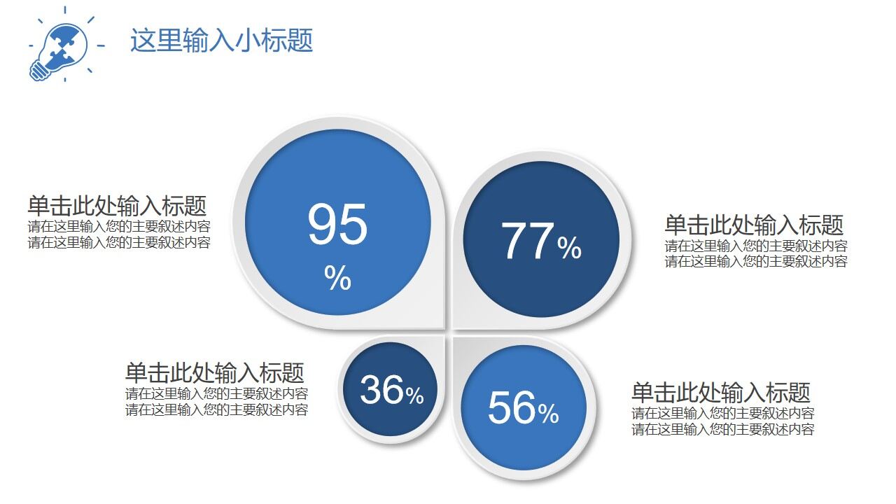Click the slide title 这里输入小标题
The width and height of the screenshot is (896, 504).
pos(221,41)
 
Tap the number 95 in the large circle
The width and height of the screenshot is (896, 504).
pos(337,225)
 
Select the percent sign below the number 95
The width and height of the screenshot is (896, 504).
pos(337,279)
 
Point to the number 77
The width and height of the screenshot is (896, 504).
pos(528,242)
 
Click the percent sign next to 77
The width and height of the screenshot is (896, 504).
pos(570,248)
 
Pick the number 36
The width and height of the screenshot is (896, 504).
pos(382,390)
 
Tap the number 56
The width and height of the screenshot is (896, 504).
pos(512,407)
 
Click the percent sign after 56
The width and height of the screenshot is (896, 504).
pos(548,414)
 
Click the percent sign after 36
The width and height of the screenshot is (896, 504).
pos(414,395)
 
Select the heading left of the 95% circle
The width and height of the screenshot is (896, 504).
pos(117,206)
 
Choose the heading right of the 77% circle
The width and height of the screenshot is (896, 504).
pos(754,225)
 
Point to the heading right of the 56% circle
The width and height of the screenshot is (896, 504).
pos(720,392)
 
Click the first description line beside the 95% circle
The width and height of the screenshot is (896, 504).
pos(119,227)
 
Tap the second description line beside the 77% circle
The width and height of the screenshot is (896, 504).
pos(756,262)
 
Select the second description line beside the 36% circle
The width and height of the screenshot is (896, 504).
pos(216,410)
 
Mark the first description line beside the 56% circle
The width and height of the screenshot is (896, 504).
pos(723,413)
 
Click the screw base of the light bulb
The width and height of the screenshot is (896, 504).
pos(39,70)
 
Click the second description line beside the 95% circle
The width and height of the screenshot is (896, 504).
pos(119,242)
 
